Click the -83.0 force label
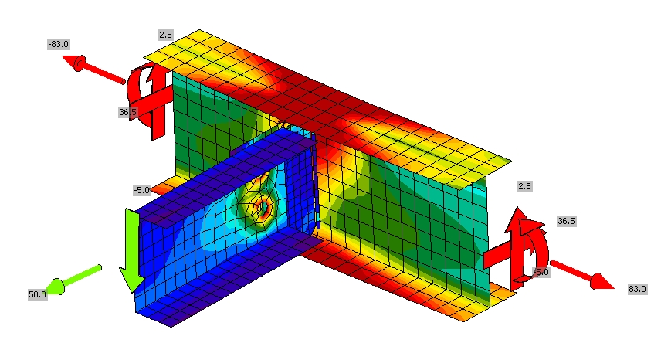tap(58, 44)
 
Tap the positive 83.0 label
tap(637, 289)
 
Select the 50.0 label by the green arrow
tap(37, 294)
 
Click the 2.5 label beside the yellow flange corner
tap(166, 35)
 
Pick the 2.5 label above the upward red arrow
tap(525, 186)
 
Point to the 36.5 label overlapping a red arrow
tap(127, 112)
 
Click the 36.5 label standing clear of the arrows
tap(566, 221)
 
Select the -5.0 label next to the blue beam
tap(141, 190)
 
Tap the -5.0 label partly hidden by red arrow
tap(541, 273)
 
